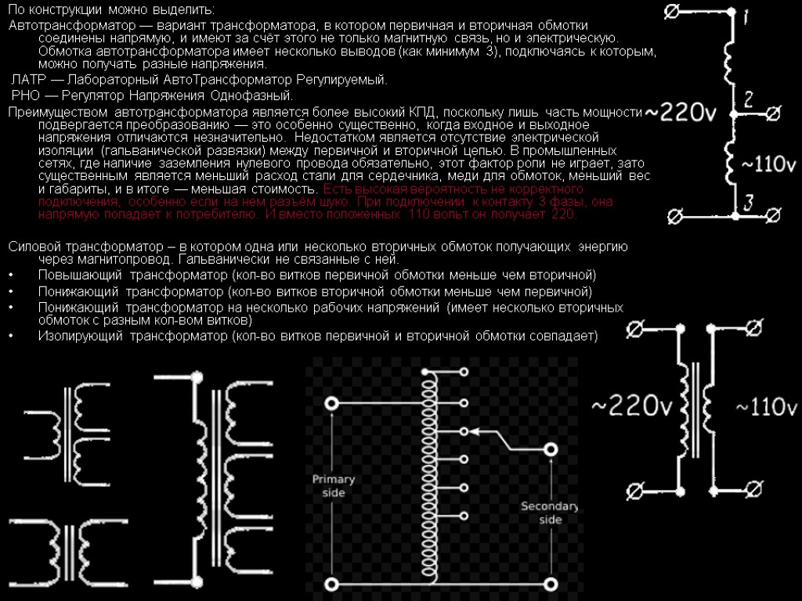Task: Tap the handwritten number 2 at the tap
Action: tap(749, 99)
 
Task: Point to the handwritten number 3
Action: tap(748, 203)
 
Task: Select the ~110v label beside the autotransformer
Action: tap(768, 164)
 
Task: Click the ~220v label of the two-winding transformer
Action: tap(632, 408)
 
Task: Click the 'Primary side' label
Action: tap(334, 486)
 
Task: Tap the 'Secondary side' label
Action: tap(550, 513)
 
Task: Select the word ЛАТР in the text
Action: tap(29, 80)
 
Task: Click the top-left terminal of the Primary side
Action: tap(332, 403)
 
